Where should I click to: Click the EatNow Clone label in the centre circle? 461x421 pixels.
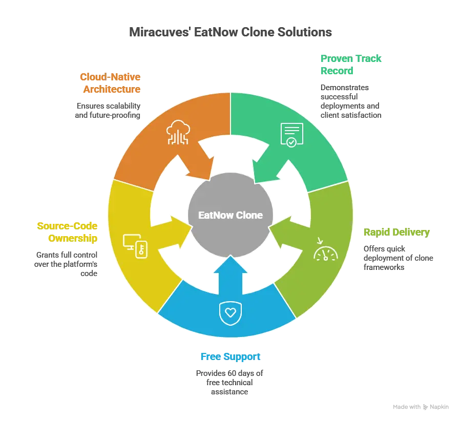tap(230, 215)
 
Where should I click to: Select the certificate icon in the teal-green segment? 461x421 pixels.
tap(291, 135)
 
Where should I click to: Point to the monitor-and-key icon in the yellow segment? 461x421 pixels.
tap(136, 246)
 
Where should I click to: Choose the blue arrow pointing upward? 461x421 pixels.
tap(230, 269)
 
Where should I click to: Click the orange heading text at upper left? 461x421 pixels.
tap(111, 83)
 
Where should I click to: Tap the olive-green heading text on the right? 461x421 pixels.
tap(395, 232)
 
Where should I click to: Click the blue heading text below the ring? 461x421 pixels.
tap(230, 356)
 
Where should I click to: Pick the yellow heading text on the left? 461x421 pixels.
tap(67, 231)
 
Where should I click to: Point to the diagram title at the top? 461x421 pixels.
tap(230, 32)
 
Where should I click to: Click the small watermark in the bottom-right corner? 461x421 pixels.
tap(422, 406)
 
